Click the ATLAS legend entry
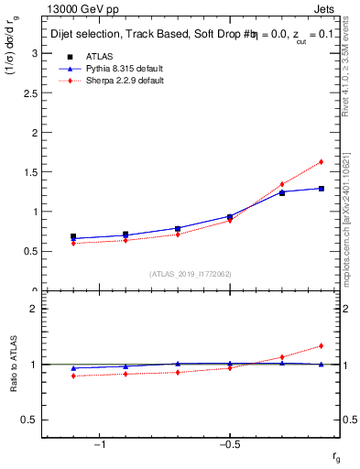tap(96, 56)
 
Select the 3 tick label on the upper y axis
tap(37, 53)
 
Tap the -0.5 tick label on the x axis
tap(229, 445)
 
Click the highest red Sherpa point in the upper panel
tap(321, 162)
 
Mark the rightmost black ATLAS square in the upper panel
tap(321, 189)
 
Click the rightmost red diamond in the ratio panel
tap(321, 345)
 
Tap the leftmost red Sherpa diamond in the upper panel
tap(73, 243)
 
